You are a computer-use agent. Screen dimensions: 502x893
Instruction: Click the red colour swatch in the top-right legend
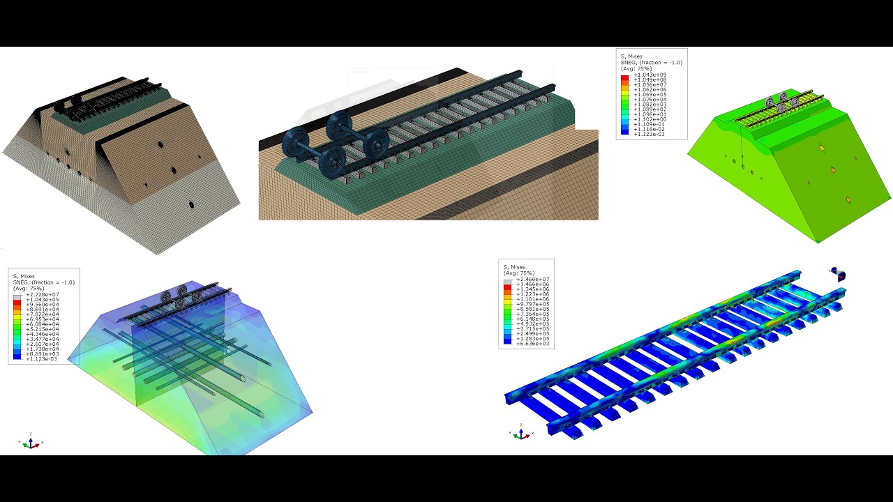click(x=625, y=77)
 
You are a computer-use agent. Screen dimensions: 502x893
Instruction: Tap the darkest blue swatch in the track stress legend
click(x=508, y=342)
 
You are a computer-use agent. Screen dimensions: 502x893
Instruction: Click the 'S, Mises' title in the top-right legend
click(x=631, y=56)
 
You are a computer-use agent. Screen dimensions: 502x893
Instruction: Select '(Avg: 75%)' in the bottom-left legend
click(x=29, y=288)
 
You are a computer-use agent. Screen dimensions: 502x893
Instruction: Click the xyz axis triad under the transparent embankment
click(x=30, y=442)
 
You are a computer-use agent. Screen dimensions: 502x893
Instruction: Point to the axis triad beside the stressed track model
click(x=521, y=432)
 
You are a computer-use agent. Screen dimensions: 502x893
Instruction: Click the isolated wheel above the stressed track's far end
click(x=838, y=274)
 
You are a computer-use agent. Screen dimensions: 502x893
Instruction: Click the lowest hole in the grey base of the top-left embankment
click(x=190, y=205)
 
